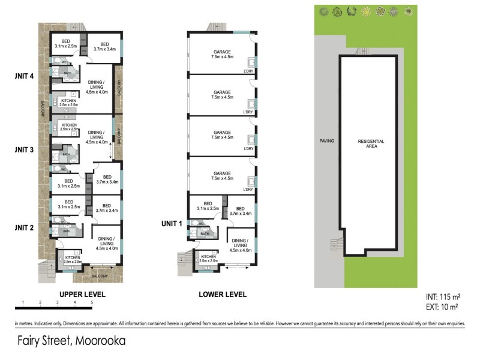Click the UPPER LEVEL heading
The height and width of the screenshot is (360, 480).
coord(82,295)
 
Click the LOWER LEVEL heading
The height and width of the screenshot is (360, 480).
coord(223,295)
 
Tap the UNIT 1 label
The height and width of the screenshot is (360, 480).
coord(172,223)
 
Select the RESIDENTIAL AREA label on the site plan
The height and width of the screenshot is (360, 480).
coord(371,144)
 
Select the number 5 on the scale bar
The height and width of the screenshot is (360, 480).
coord(92,302)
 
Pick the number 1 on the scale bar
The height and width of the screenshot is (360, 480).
coord(22,302)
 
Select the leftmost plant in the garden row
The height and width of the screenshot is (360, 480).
coord(324,10)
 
